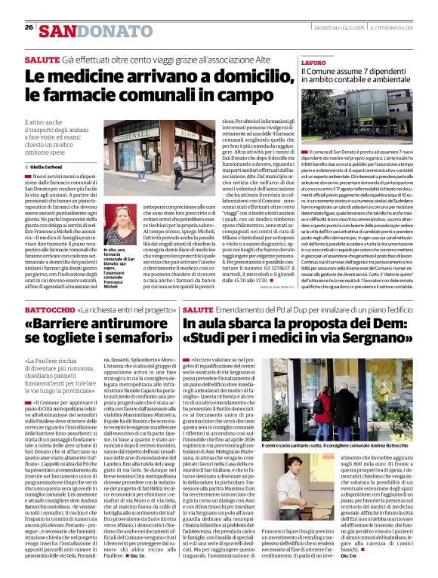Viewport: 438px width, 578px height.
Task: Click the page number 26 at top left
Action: (x=28, y=27)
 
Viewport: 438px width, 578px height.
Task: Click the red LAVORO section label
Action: (x=313, y=63)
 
